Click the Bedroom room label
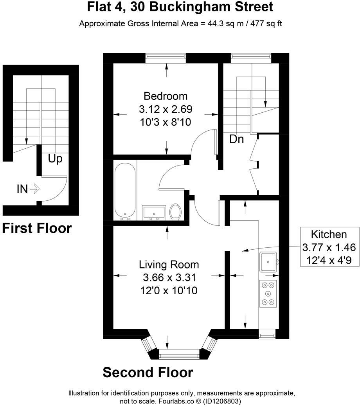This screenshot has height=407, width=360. (x=166, y=96)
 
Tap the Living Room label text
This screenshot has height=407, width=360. (x=169, y=265)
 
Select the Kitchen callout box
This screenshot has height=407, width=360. (x=329, y=247)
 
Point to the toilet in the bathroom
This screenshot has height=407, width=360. (x=176, y=212)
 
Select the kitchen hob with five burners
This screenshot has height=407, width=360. (x=268, y=294)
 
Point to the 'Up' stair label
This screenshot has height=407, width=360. (x=55, y=159)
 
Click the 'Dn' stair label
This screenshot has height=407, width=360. (x=236, y=139)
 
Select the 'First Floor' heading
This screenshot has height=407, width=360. (x=37, y=228)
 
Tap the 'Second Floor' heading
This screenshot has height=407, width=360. (x=148, y=372)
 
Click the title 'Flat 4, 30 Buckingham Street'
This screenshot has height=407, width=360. (x=180, y=7)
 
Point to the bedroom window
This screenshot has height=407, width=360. (x=166, y=58)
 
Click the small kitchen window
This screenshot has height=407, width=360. (x=268, y=334)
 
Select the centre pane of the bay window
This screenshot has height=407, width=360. (x=179, y=355)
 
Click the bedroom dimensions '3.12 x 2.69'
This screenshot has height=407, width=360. (x=166, y=109)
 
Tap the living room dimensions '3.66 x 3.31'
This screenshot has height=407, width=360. (x=169, y=278)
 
